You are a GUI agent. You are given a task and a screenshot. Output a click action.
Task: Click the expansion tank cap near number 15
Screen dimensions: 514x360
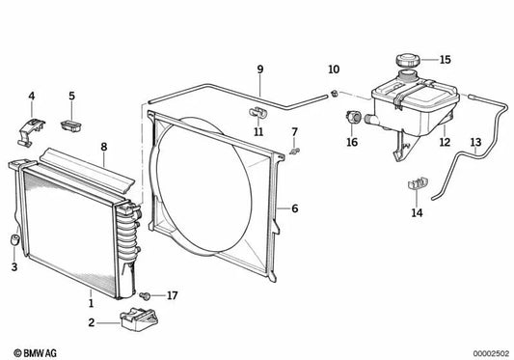click(x=408, y=61)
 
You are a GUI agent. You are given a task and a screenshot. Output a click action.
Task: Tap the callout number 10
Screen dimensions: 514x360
click(x=334, y=69)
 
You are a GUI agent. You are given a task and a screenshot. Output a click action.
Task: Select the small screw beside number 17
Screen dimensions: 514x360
click(x=145, y=296)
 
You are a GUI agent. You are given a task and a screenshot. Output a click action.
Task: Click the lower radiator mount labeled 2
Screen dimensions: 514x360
click(x=139, y=318)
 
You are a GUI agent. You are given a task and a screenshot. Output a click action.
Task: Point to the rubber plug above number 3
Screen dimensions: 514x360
click(x=14, y=239)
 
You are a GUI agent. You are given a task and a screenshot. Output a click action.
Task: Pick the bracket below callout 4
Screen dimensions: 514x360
click(x=31, y=132)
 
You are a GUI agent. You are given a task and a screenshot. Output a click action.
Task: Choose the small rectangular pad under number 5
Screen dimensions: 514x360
click(x=71, y=125)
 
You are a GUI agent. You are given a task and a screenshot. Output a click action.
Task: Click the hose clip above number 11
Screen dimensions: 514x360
click(x=258, y=113)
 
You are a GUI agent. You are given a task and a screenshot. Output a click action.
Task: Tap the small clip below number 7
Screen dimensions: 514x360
click(x=295, y=152)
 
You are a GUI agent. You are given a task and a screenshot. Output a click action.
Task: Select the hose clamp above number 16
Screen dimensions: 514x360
click(x=353, y=117)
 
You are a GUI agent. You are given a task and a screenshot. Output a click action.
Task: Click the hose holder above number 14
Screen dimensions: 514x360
click(x=419, y=183)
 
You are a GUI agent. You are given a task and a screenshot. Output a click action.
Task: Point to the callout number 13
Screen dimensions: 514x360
click(x=475, y=143)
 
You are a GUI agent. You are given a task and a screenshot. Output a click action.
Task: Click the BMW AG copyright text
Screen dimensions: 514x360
click(x=35, y=353)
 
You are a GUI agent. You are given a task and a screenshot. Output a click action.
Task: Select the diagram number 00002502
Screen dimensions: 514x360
click(x=491, y=354)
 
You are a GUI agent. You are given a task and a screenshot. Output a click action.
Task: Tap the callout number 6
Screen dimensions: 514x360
click(x=295, y=208)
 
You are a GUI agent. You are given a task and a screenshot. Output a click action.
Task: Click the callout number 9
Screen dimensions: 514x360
click(x=260, y=69)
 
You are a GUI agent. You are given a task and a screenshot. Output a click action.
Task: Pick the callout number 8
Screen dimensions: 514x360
click(x=104, y=147)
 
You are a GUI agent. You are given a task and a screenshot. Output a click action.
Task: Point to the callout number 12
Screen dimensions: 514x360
click(x=445, y=142)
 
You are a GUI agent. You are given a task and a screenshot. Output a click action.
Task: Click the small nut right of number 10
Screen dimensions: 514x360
click(x=334, y=94)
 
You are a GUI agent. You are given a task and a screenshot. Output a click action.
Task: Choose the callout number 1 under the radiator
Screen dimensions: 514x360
click(x=91, y=303)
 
